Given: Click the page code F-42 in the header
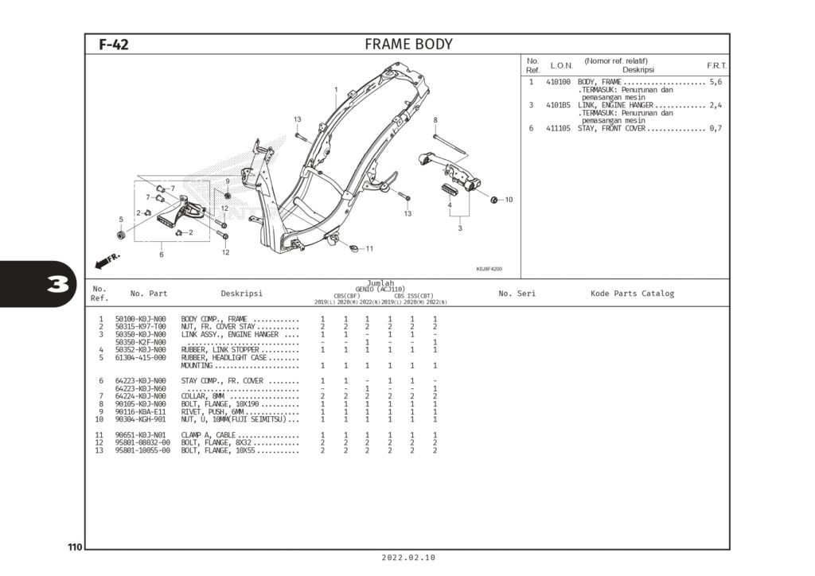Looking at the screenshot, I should pyautogui.click(x=113, y=45).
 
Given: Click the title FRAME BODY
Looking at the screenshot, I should pyautogui.click(x=408, y=45).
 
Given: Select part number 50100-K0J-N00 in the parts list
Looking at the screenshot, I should pyautogui.click(x=141, y=319).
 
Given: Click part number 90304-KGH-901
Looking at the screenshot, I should pyautogui.click(x=141, y=419).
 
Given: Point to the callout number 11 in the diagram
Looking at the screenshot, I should pyautogui.click(x=369, y=249).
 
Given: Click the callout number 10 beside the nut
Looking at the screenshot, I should pyautogui.click(x=509, y=200).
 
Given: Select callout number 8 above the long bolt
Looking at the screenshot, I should pyautogui.click(x=435, y=120).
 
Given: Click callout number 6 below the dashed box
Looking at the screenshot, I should pyautogui.click(x=161, y=255).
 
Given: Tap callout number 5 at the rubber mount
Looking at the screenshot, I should pyautogui.click(x=121, y=220).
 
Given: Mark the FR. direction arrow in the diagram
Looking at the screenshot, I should pyautogui.click(x=107, y=260).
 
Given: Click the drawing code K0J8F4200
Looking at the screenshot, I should pyautogui.click(x=489, y=269).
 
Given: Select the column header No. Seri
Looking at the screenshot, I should pyautogui.click(x=517, y=294).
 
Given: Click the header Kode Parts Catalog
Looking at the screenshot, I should pyautogui.click(x=632, y=294).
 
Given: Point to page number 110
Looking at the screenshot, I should pyautogui.click(x=75, y=547).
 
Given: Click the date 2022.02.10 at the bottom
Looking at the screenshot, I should pyautogui.click(x=408, y=558).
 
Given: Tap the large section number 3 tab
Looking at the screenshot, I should pyautogui.click(x=56, y=285).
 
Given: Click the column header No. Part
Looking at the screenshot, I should pyautogui.click(x=149, y=294).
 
